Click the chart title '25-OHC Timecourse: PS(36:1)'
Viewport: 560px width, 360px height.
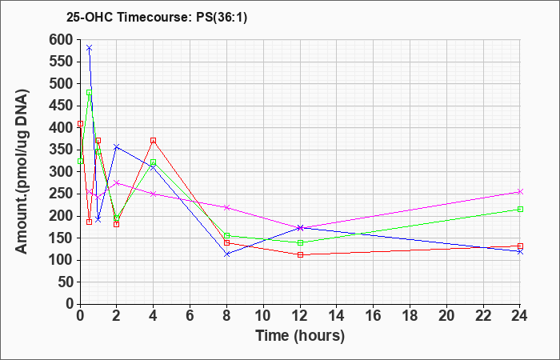[157, 17]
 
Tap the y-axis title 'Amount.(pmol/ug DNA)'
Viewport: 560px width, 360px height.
[22, 171]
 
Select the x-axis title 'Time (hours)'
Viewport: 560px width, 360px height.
[300, 336]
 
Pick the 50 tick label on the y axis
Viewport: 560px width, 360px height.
[66, 282]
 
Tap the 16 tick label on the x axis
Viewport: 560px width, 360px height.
[374, 316]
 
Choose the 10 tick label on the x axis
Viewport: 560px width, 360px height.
[263, 316]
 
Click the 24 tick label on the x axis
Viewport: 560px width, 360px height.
[520, 316]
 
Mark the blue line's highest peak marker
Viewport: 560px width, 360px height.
[90, 47]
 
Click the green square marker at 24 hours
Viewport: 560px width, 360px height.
[520, 210]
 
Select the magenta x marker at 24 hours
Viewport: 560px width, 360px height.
[520, 192]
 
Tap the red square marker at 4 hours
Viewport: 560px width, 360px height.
[154, 140]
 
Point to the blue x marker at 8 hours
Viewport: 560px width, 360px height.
[226, 254]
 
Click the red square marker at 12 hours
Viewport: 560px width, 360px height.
[300, 254]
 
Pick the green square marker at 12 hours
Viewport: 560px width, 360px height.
[300, 243]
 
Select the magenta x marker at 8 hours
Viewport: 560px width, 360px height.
[226, 207]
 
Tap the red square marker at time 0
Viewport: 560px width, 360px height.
[80, 123]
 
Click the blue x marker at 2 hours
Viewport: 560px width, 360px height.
[117, 146]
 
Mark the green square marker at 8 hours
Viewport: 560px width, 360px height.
[226, 236]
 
